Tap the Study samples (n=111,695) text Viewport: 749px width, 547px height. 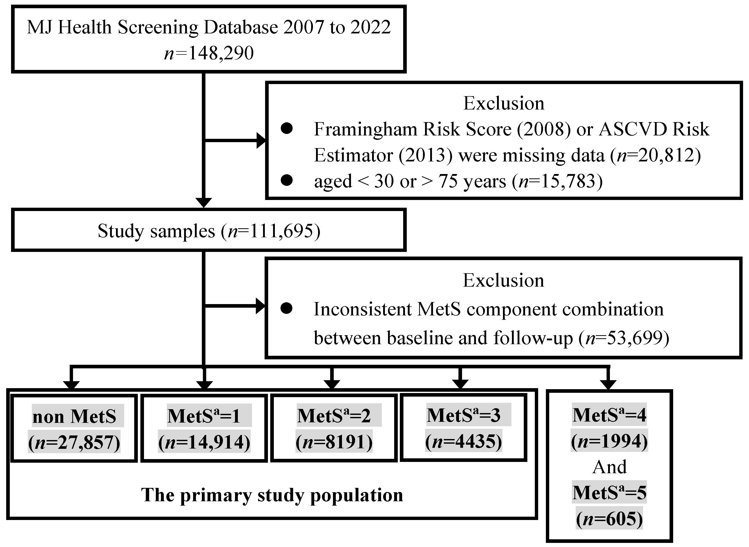(209, 231)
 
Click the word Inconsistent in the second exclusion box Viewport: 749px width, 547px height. (363, 309)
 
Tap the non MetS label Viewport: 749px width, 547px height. (75, 416)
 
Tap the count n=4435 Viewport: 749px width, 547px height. (464, 441)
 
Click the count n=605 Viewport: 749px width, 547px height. (609, 518)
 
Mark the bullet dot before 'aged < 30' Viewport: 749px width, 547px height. (286, 180)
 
